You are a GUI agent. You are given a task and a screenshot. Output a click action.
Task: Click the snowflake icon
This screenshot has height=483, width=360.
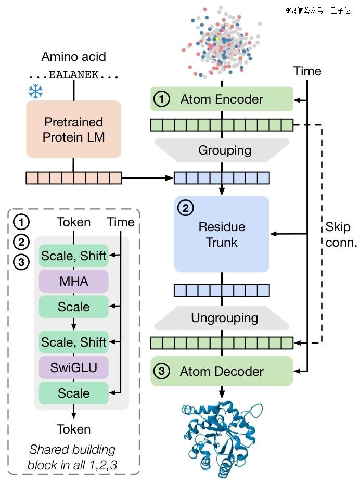point(35,92)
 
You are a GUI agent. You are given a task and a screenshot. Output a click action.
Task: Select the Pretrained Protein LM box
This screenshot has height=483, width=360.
point(73,130)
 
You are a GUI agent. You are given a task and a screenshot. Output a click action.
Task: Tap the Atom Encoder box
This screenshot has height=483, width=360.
point(222,99)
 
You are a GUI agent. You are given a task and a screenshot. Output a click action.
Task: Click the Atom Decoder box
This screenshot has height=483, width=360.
point(222,371)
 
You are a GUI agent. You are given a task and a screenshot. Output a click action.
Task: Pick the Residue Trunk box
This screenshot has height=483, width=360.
point(222,234)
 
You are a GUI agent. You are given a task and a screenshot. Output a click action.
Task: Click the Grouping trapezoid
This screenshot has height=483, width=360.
point(225,150)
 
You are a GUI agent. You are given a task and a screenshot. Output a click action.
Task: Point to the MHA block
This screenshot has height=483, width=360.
point(73,281)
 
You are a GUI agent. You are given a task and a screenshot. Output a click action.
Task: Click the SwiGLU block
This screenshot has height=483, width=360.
point(73,368)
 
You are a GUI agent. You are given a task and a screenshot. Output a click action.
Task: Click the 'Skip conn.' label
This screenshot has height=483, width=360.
point(341,234)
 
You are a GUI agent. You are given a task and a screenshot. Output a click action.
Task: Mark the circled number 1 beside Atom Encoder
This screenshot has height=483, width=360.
point(162,99)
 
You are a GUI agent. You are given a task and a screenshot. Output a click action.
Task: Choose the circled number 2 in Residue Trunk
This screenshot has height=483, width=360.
point(185,209)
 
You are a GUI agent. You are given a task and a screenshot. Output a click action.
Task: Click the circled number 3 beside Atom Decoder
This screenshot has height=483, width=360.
point(162,371)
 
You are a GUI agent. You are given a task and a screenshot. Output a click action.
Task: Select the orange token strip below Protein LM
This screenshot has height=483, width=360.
point(73,178)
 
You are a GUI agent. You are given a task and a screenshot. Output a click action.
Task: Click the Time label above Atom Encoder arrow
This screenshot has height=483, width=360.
point(307,71)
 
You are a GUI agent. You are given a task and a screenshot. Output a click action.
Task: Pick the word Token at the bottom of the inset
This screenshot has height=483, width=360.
point(73,429)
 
